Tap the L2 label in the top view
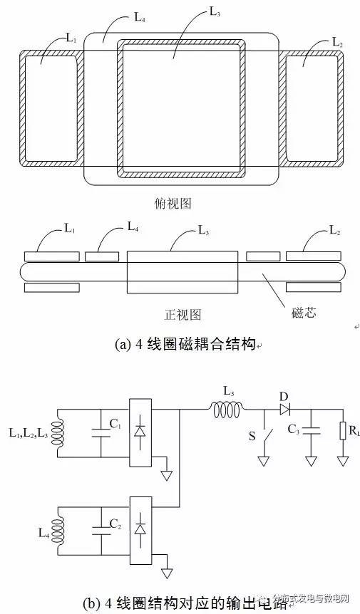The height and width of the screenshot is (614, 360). pyautogui.click(x=337, y=43)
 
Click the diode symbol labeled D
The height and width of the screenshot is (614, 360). pyautogui.click(x=285, y=409)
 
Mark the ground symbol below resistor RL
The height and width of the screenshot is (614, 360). pyautogui.click(x=344, y=461)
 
